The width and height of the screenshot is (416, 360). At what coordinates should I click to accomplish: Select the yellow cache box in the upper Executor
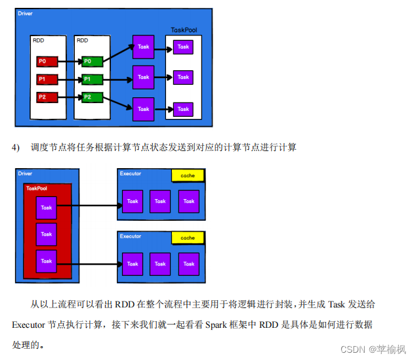coord(188,176)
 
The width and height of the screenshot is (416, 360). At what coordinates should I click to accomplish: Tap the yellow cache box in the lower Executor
coord(188,237)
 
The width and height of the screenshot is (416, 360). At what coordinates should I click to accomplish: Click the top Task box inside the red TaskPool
coord(46,208)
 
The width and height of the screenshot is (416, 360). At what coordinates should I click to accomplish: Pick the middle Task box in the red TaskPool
coord(46,233)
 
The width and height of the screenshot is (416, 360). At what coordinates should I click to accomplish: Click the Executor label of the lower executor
coord(131,235)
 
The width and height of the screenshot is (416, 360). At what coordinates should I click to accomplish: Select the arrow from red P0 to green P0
coord(68,62)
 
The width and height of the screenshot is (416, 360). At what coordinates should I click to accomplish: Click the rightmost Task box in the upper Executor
coord(189,202)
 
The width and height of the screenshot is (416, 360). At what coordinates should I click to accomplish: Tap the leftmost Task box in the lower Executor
coord(133,263)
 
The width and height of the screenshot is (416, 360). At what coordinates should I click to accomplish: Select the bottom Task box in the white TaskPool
coord(183,108)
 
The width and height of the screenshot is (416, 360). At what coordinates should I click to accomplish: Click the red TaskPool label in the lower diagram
coord(38,188)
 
